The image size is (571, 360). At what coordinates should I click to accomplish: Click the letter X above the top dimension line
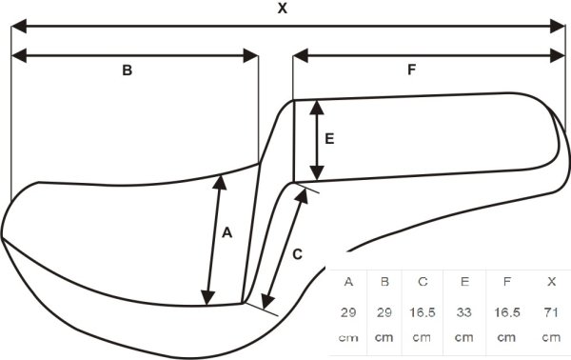pos(283,9)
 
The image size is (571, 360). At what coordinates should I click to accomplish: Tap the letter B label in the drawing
pos(128,70)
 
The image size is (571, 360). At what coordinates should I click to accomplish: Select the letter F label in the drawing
pos(411,70)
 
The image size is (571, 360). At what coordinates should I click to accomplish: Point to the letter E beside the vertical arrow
pos(329,139)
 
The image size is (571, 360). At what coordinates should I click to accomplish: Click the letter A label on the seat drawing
pos(226,232)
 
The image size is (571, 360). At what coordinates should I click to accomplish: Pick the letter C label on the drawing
pos(297,254)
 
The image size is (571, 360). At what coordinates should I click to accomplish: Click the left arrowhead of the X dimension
pos(19,27)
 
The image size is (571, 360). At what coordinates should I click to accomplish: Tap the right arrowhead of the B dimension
pos(250,56)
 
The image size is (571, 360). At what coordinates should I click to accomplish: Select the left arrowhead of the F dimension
pos(301,56)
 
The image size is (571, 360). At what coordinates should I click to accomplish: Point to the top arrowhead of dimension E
pos(317,108)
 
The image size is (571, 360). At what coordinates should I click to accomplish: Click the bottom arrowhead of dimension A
pos(207,297)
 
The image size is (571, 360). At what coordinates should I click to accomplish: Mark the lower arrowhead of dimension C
pos(268,301)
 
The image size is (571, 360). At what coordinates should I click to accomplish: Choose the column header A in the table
pos(348,282)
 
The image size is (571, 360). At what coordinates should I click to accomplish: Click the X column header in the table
pos(551,282)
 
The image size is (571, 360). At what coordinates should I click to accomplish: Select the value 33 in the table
pos(464,312)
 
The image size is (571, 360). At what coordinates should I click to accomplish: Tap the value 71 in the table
pos(551,312)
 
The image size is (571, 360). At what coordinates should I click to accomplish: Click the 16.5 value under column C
pos(423,312)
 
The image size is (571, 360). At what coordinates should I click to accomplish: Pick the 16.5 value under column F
pos(507,312)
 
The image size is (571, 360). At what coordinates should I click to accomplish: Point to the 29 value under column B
pos(384,312)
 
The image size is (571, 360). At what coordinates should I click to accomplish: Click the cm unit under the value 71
pos(551,337)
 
